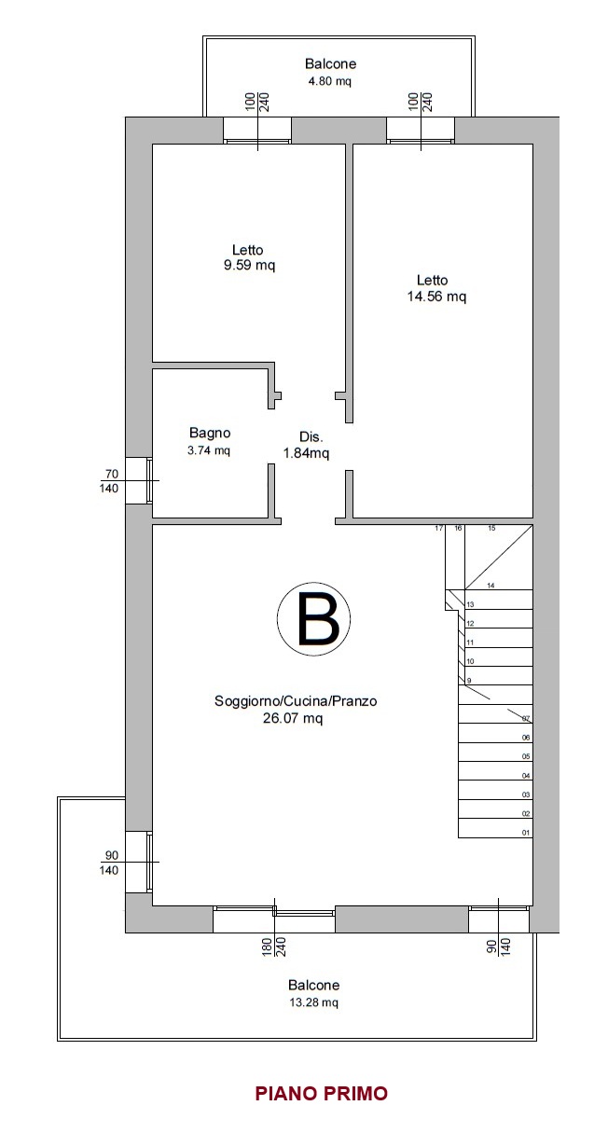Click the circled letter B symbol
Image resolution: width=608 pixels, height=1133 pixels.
click(x=313, y=618)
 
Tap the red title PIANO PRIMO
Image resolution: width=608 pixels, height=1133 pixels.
click(x=321, y=1093)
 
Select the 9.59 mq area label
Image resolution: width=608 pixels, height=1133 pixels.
click(x=249, y=265)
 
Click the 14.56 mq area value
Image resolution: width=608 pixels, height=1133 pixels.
click(x=436, y=297)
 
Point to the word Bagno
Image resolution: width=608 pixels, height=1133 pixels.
click(x=210, y=433)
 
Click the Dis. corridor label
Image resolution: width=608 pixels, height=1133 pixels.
click(x=311, y=437)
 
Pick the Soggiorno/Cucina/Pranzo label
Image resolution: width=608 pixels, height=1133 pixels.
click(x=296, y=701)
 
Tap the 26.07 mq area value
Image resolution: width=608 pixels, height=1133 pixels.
click(x=293, y=718)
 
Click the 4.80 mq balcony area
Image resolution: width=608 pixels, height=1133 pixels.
click(x=330, y=81)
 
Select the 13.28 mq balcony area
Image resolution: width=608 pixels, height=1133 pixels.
click(x=313, y=1002)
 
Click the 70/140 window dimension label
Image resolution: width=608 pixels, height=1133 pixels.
click(x=110, y=481)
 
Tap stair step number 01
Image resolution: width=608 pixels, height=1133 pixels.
click(x=526, y=833)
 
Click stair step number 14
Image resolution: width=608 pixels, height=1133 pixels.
click(x=491, y=586)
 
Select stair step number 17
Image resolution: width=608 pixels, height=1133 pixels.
click(x=439, y=528)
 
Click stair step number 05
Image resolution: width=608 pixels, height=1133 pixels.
click(x=526, y=756)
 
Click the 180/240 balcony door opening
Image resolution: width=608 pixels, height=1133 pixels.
click(x=274, y=919)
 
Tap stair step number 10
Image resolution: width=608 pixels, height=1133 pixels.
click(x=470, y=661)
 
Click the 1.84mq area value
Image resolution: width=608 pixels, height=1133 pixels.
click(x=306, y=453)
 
